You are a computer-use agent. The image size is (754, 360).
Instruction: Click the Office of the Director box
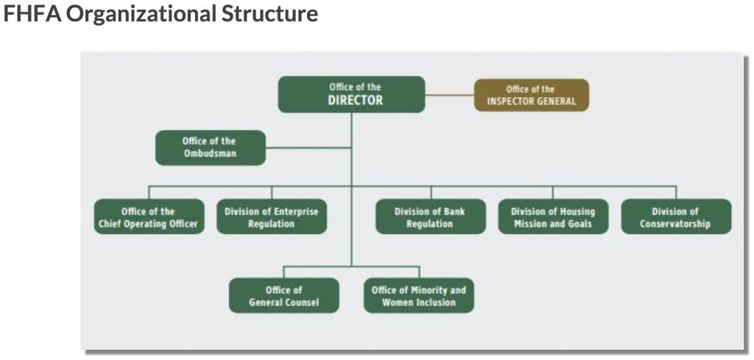pyautogui.click(x=351, y=94)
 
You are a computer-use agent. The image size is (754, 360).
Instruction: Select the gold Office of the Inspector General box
pyautogui.click(x=532, y=95)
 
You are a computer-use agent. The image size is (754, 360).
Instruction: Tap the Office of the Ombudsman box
pyautogui.click(x=210, y=147)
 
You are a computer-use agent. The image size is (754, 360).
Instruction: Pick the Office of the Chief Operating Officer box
pyautogui.click(x=149, y=216)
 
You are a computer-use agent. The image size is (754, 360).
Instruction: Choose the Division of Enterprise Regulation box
pyautogui.click(x=272, y=216)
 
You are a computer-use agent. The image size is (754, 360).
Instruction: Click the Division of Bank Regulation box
pyautogui.click(x=430, y=216)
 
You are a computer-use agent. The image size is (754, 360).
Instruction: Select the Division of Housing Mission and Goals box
pyautogui.click(x=553, y=216)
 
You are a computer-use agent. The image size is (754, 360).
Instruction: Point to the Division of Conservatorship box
pyautogui.click(x=676, y=216)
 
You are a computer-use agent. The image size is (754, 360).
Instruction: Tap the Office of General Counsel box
pyautogui.click(x=283, y=296)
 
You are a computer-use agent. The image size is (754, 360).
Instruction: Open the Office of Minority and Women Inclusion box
pyautogui.click(x=419, y=296)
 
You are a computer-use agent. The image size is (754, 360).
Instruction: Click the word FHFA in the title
pyautogui.click(x=32, y=14)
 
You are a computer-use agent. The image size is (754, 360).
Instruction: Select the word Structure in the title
pyautogui.click(x=269, y=14)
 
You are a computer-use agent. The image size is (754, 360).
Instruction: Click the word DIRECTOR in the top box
pyautogui.click(x=356, y=100)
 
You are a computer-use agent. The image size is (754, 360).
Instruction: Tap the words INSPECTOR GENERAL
pyautogui.click(x=532, y=102)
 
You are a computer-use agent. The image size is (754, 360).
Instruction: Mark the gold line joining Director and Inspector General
pyautogui.click(x=450, y=95)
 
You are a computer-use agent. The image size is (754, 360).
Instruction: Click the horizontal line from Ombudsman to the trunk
pyautogui.click(x=309, y=147)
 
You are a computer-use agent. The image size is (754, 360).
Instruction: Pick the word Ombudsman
pyautogui.click(x=210, y=154)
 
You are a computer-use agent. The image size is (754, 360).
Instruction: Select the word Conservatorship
pyautogui.click(x=675, y=224)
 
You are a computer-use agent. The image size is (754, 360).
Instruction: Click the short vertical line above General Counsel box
pyautogui.click(x=283, y=272)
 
